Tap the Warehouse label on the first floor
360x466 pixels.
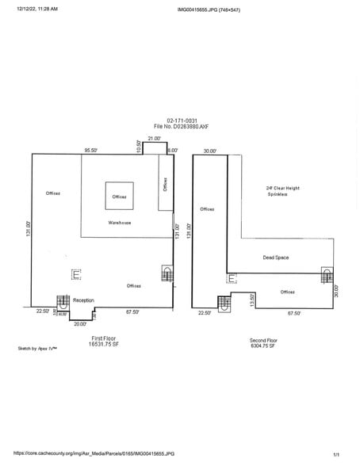pos(120,223)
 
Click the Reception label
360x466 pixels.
pos(83,301)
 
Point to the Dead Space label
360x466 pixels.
pos(274,258)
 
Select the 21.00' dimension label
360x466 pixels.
pos(154,139)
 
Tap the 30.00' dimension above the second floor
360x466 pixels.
pos(209,150)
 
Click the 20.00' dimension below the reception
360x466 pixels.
pos(80,323)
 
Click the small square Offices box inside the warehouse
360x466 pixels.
pos(119,196)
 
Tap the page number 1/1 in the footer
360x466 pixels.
pos(336,454)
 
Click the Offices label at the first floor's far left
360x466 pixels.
pos(53,193)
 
